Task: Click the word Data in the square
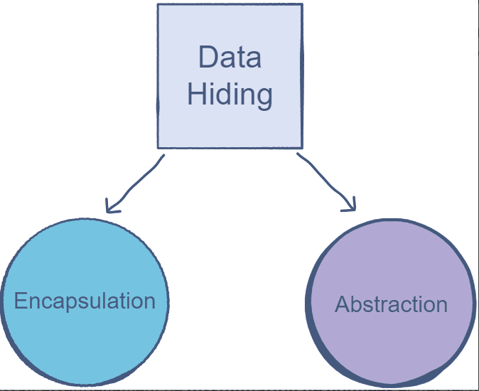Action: pos(230,58)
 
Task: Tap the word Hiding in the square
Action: pos(230,94)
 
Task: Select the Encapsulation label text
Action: pos(85,301)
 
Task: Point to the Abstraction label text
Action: pos(391,305)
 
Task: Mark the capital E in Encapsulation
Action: pos(21,301)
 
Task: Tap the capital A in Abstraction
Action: pos(342,305)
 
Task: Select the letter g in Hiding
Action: pos(264,97)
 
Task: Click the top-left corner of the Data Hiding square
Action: pos(158,6)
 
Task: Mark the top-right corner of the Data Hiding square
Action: pos(302,6)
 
